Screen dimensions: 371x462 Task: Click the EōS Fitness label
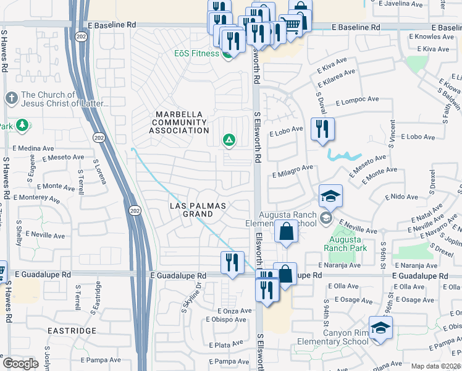point(196,53)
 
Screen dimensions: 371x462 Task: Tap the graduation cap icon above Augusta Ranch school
point(330,196)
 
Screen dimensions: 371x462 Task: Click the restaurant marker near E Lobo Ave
point(322,129)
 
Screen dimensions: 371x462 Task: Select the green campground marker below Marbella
point(229,141)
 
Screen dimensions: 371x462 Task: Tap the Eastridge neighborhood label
point(72,331)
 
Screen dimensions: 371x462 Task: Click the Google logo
point(21,364)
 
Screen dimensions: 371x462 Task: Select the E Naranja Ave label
point(339,265)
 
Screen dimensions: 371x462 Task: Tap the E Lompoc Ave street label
point(357,99)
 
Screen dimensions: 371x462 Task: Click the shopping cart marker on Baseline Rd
point(292,25)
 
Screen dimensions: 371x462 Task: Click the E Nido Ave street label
point(401,197)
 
